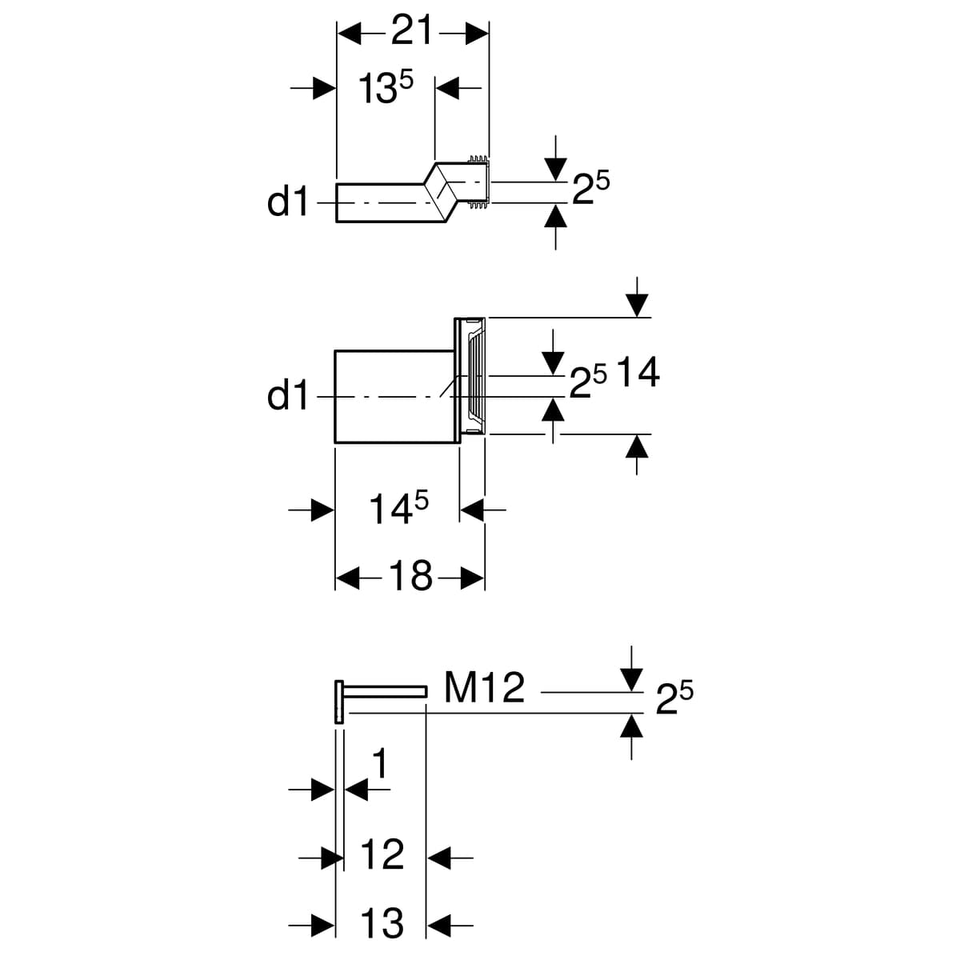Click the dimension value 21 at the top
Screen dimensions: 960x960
click(x=412, y=32)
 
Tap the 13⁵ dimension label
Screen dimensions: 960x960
click(x=385, y=87)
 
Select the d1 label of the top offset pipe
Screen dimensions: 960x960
click(x=287, y=203)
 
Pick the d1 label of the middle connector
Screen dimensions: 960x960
click(x=287, y=396)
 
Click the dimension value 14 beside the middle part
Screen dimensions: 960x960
click(x=638, y=373)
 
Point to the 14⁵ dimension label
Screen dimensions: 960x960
click(x=398, y=509)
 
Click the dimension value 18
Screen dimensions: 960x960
click(x=410, y=576)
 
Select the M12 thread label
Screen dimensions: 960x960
click(x=484, y=688)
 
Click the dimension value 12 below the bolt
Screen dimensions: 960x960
click(x=382, y=855)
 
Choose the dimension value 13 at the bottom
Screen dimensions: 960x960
click(x=382, y=924)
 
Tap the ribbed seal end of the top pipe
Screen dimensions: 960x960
click(x=478, y=184)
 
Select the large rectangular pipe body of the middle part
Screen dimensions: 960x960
click(x=392, y=396)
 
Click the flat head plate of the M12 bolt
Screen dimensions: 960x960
click(x=339, y=702)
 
